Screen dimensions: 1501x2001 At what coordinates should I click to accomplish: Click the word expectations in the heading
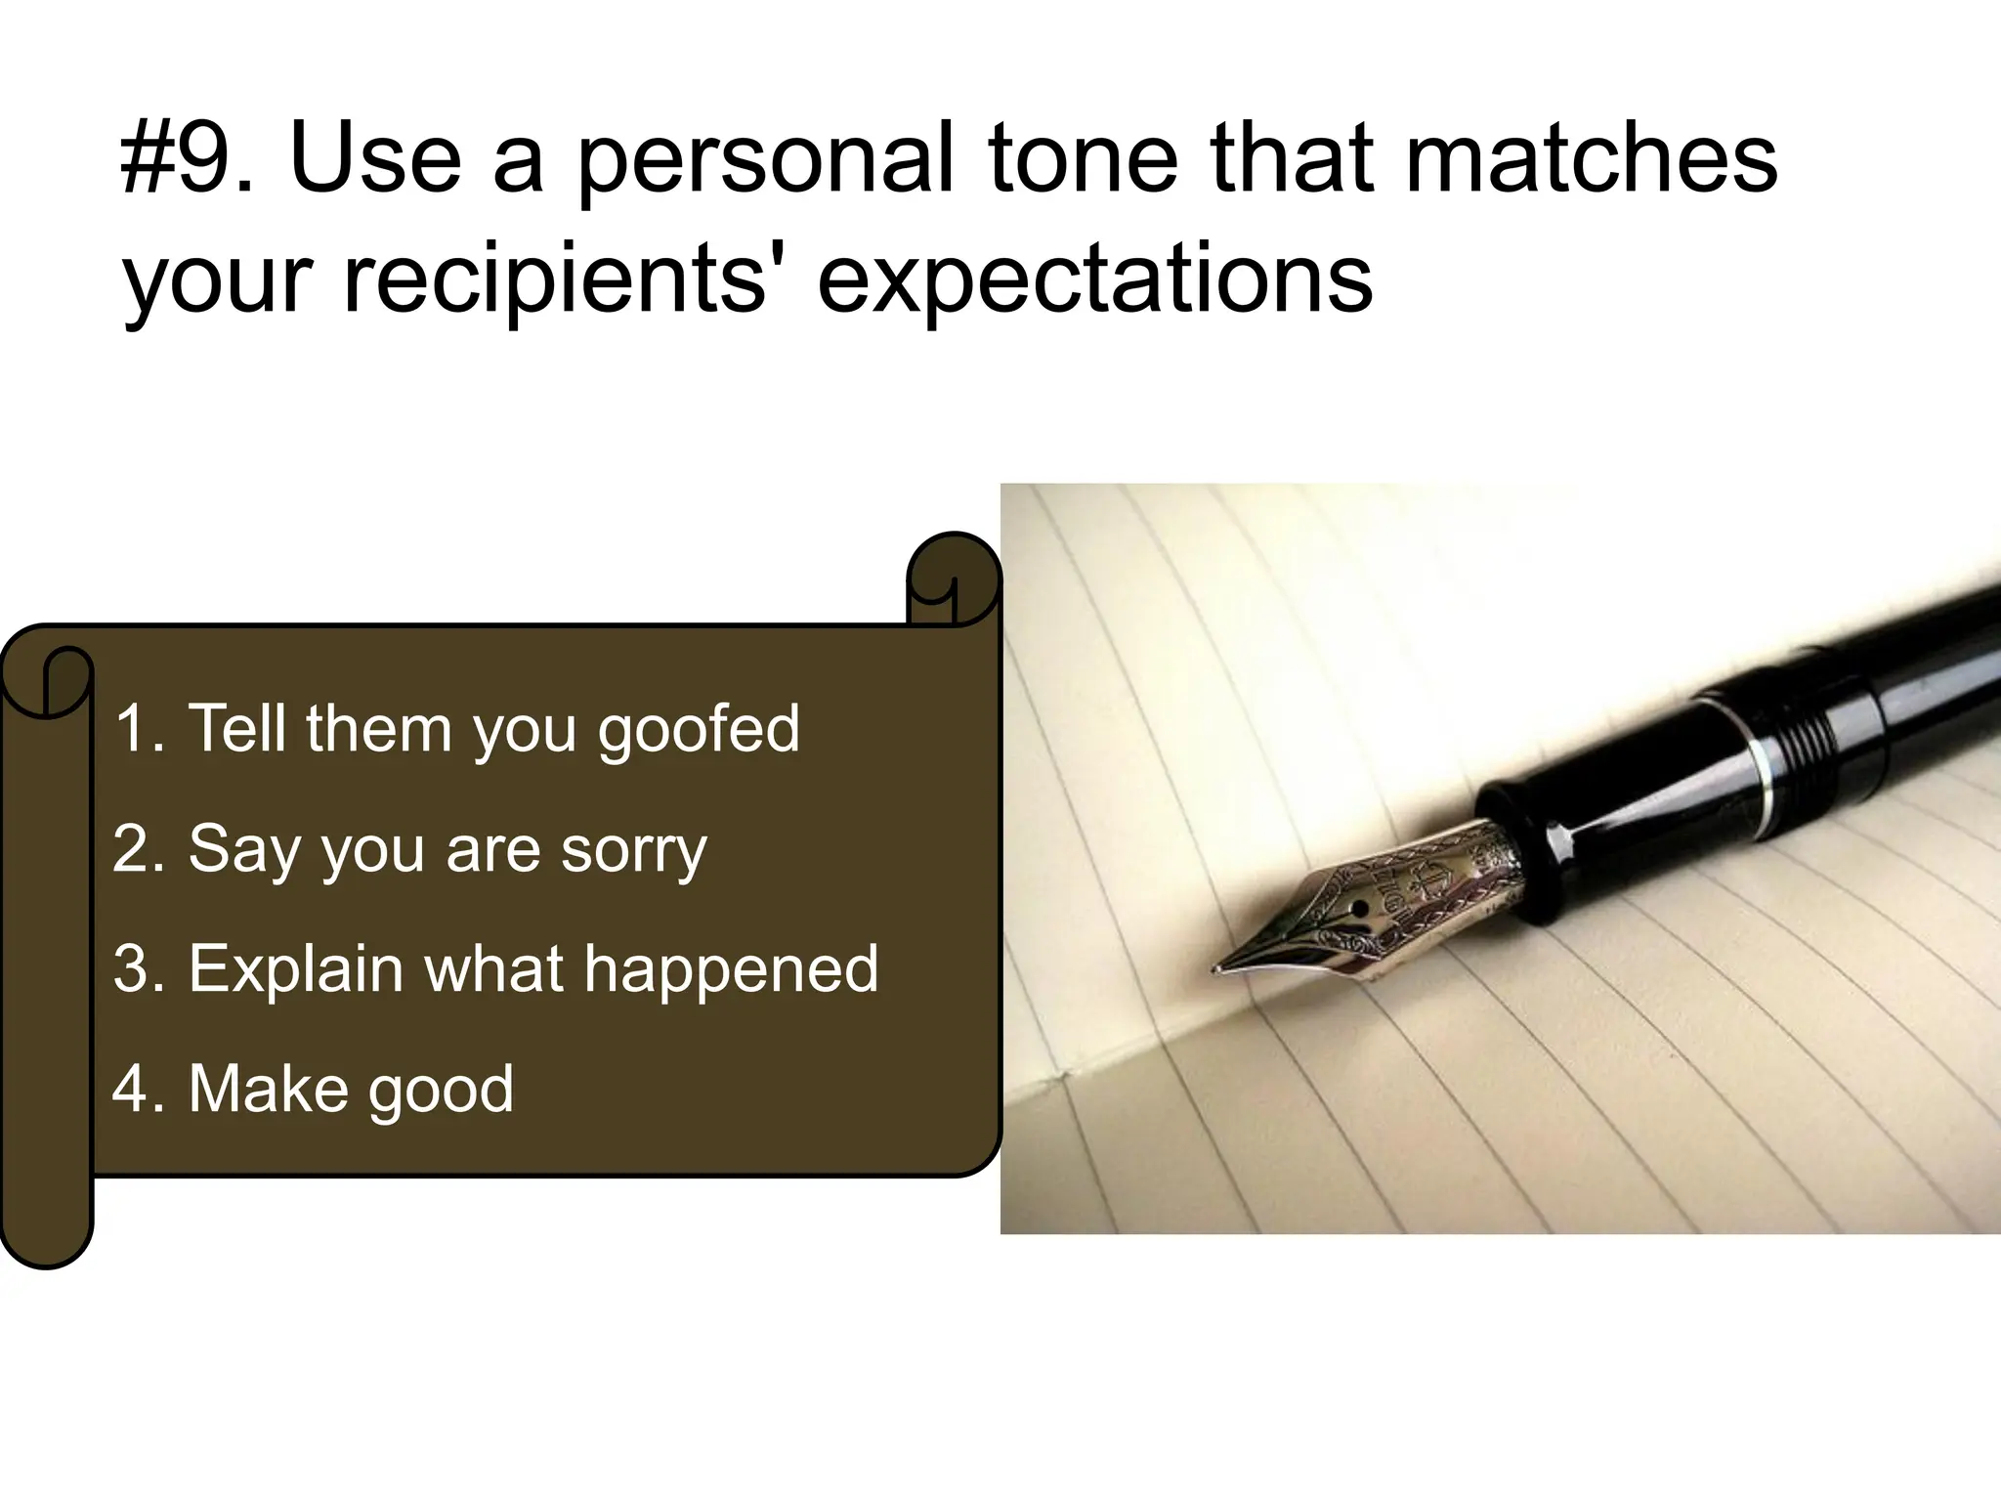click(1094, 283)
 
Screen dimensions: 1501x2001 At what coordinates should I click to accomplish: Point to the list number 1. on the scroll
click(138, 729)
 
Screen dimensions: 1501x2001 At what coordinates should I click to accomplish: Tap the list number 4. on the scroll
click(138, 1089)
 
